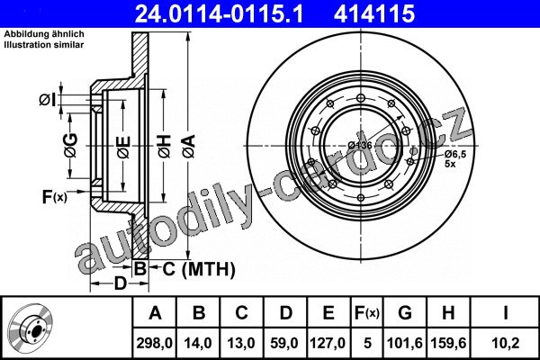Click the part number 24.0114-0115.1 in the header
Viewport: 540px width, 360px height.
219,13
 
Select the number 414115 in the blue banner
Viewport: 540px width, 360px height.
374,13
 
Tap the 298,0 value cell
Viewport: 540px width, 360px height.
154,343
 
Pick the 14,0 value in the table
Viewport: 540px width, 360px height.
198,343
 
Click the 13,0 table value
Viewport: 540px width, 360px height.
241,343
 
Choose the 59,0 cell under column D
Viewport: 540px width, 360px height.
284,343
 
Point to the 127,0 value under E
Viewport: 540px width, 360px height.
328,343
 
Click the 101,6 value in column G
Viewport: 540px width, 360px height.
405,343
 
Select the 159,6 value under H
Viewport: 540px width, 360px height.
448,343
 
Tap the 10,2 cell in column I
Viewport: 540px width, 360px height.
506,343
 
